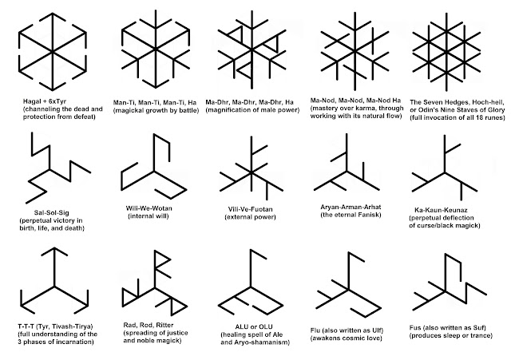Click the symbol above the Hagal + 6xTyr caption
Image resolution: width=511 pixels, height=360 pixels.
pyautogui.click(x=53, y=51)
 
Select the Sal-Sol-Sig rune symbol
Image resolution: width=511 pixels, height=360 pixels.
pyautogui.click(x=50, y=170)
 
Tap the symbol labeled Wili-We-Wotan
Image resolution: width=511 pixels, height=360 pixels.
pyautogui.click(x=154, y=171)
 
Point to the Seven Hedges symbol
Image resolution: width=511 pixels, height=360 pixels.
pyautogui.click(x=446, y=51)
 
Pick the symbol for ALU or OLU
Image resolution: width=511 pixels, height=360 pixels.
pyautogui.click(x=251, y=287)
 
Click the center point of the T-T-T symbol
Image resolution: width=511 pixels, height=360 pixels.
pyautogui.click(x=54, y=287)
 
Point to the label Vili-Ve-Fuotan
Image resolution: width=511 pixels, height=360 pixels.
pyautogui.click(x=250, y=209)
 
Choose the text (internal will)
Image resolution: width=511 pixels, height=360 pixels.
pyautogui.click(x=149, y=216)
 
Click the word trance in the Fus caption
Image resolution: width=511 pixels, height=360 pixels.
pyautogui.click(x=481, y=335)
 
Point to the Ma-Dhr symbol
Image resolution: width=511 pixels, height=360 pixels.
pyautogui.click(x=252, y=49)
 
